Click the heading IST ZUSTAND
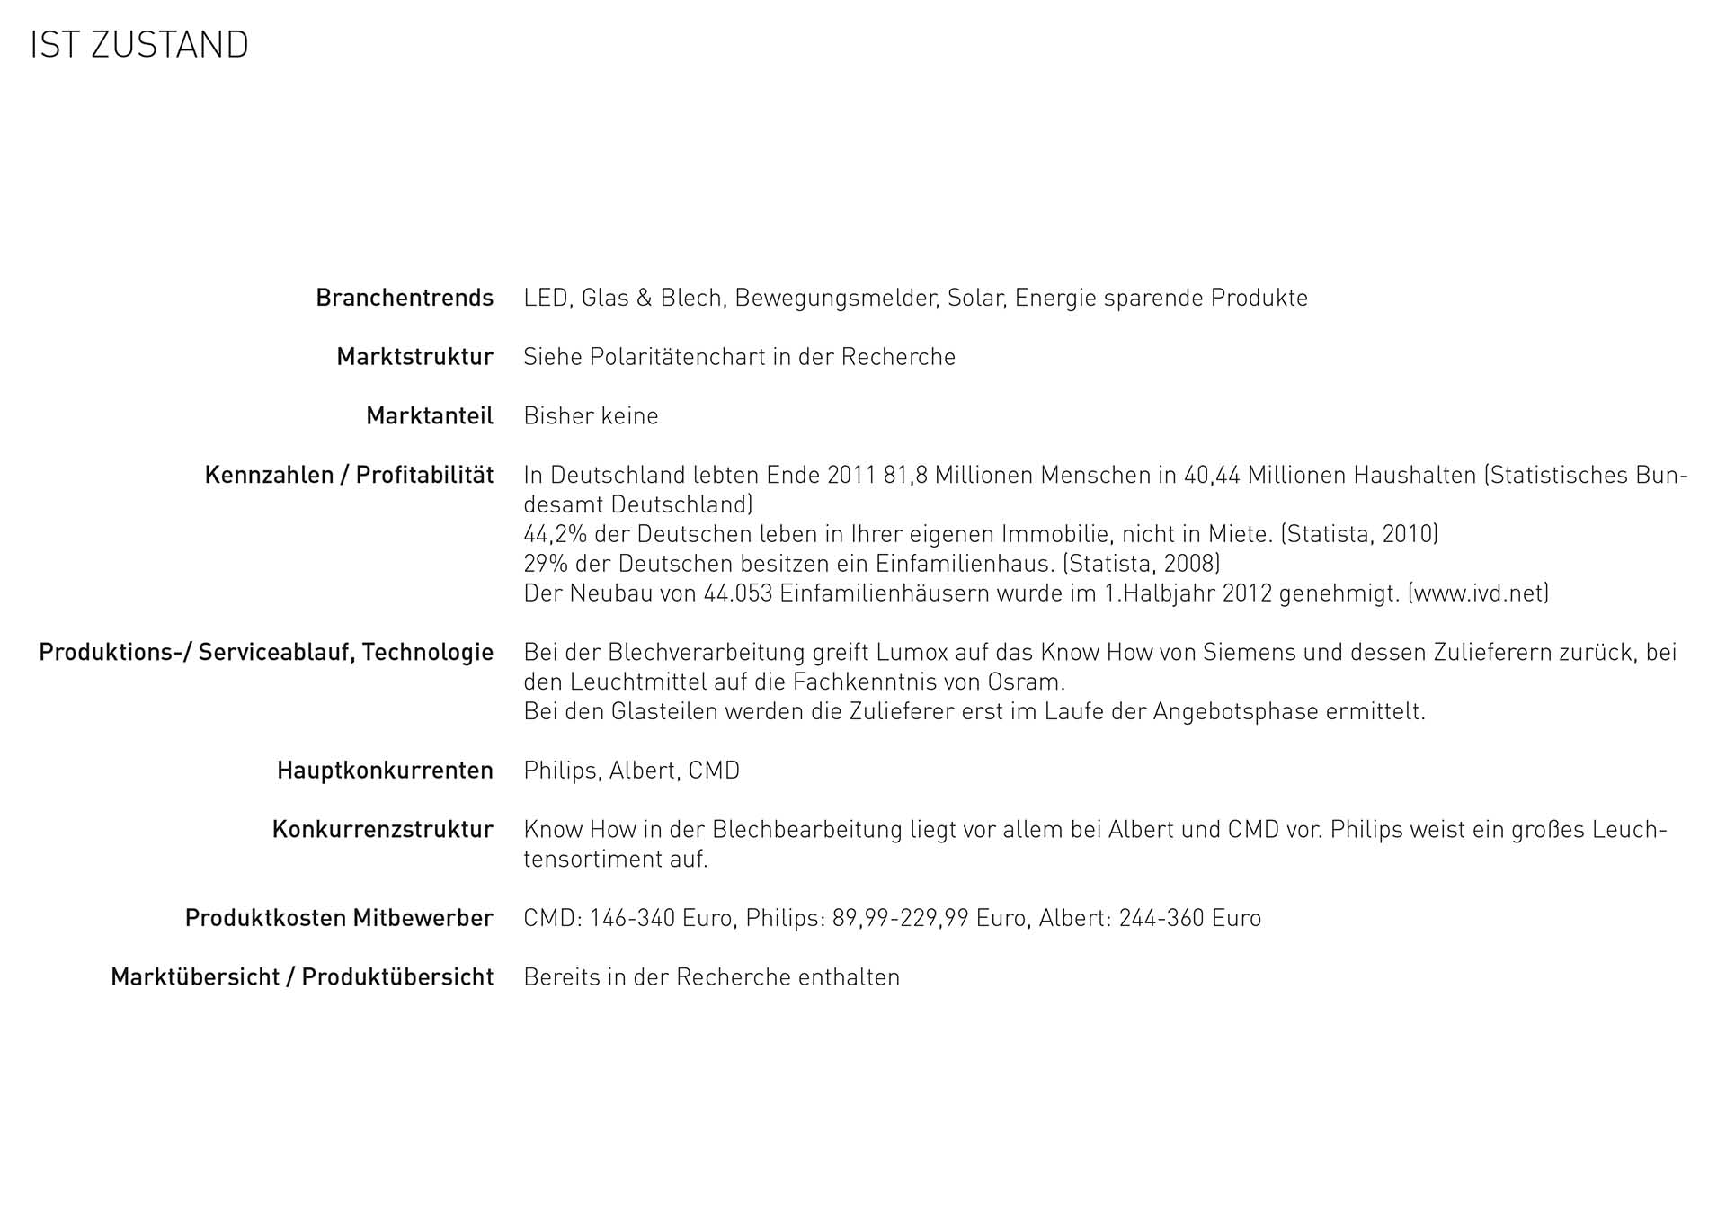[139, 45]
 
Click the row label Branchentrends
[405, 298]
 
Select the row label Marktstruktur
[414, 357]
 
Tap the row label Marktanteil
[430, 416]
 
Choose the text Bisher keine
[591, 416]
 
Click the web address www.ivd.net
[1478, 593]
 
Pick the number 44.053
[738, 593]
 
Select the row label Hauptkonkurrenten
[385, 771]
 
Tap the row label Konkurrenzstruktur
[382, 829]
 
